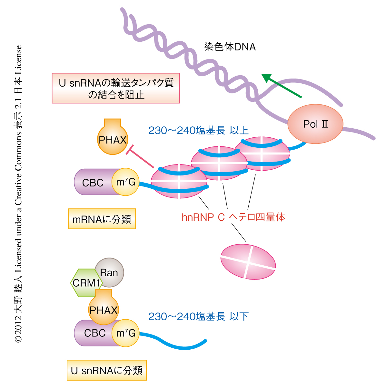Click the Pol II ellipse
coord(315,124)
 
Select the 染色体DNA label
coord(230,47)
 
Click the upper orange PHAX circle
coord(113,140)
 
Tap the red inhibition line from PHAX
coord(141,158)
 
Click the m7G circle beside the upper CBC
coord(126,182)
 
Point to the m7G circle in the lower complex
coord(126,333)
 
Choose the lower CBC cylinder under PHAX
coord(92,334)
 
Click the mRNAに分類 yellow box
coord(102,219)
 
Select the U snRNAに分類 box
coord(107,370)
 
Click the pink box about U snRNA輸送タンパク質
coord(116,88)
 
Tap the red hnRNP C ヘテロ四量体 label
coord(233,217)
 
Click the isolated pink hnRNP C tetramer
coord(248,261)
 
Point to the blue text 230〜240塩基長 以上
coord(198,130)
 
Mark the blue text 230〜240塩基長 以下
coord(198,316)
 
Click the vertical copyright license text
coord(18,194)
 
